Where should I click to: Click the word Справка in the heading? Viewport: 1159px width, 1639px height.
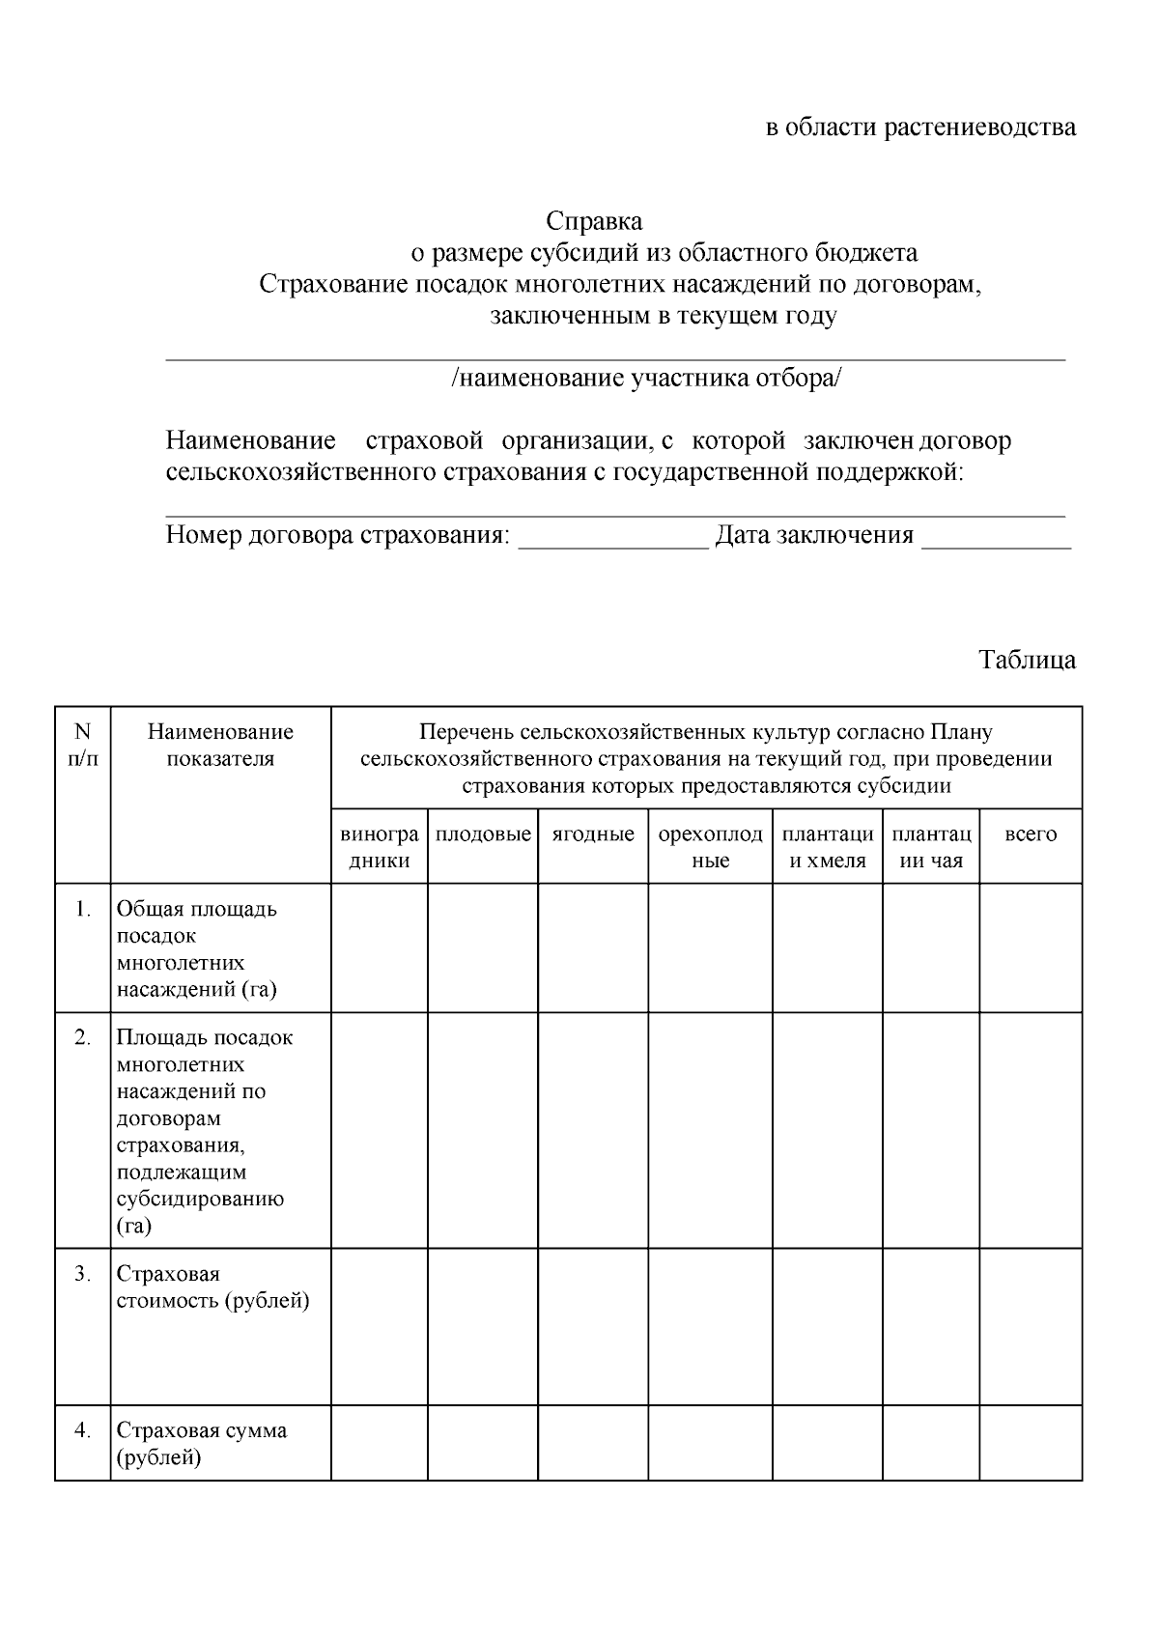point(594,221)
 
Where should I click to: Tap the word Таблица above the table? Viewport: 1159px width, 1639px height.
point(1027,661)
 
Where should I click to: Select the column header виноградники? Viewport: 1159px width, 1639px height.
point(380,847)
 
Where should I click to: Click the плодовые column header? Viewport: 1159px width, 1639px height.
point(483,834)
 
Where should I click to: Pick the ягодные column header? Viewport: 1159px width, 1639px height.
point(593,834)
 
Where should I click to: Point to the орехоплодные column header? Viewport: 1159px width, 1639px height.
point(710,847)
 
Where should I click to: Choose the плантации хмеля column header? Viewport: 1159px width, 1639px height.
point(828,847)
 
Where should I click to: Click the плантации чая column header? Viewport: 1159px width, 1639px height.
point(931,847)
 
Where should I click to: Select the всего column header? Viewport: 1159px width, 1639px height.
point(1031,834)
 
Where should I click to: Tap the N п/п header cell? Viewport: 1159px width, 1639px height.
point(83,746)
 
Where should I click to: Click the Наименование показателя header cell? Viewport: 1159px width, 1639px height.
point(220,746)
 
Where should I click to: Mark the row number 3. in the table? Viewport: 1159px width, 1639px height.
point(83,1274)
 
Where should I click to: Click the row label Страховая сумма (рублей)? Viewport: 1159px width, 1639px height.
point(201,1444)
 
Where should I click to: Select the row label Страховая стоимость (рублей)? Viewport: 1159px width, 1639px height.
point(212,1287)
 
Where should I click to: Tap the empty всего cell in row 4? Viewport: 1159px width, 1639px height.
point(1031,1443)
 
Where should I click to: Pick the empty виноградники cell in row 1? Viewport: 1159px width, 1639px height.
point(380,947)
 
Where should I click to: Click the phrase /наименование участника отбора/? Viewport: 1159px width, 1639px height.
point(646,379)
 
